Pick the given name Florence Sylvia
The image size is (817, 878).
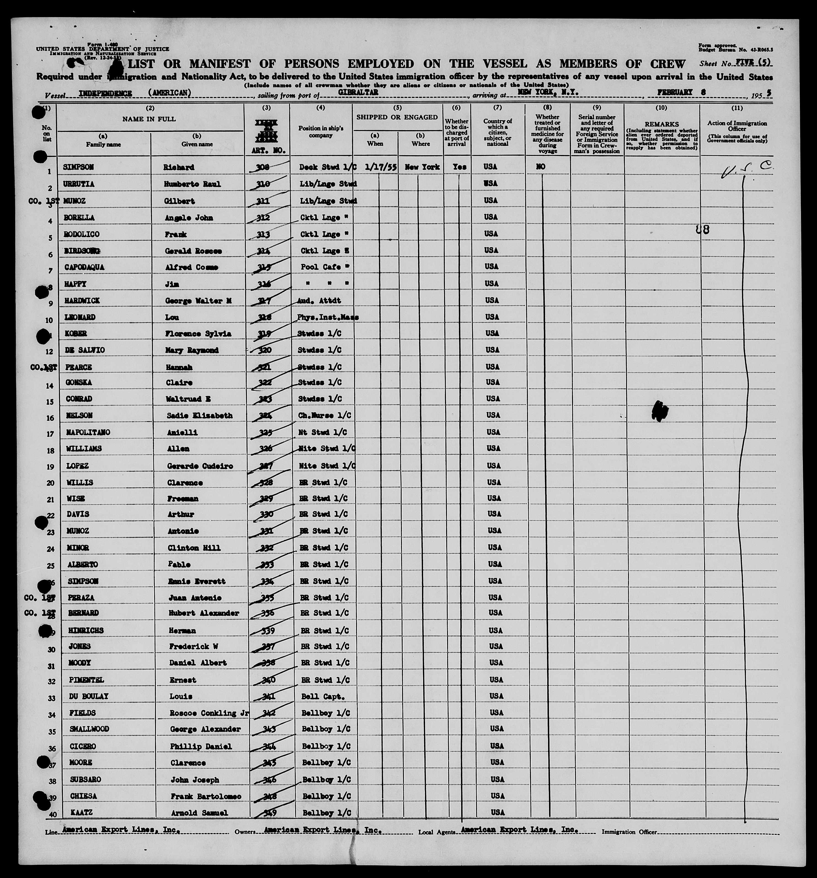point(198,334)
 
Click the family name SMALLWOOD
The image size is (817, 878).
point(89,729)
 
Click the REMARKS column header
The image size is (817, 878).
point(661,125)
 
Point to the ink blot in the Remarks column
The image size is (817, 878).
point(660,410)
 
